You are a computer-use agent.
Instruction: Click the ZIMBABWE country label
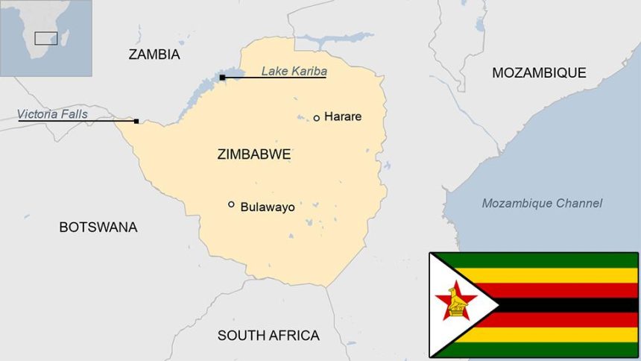click(x=253, y=155)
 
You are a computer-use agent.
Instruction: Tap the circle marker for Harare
click(x=316, y=118)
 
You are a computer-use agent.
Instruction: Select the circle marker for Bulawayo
click(x=231, y=204)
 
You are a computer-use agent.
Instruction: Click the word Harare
click(x=343, y=117)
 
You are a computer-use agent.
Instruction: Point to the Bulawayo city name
click(x=267, y=207)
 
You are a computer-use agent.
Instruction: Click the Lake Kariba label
click(x=294, y=72)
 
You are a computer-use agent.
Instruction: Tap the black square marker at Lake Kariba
click(x=222, y=77)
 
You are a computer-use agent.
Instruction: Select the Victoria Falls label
click(x=53, y=114)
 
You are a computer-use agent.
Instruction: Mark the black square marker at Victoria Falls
click(x=136, y=121)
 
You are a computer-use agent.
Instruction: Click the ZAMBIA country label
click(x=154, y=54)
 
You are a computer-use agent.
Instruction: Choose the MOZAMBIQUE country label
click(x=539, y=72)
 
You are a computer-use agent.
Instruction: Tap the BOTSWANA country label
click(x=98, y=227)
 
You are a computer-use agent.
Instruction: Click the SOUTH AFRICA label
click(x=268, y=336)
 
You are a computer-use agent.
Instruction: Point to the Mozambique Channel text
click(x=542, y=204)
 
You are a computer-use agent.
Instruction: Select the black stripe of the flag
click(x=566, y=304)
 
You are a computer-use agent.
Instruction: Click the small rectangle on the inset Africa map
click(x=46, y=38)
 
